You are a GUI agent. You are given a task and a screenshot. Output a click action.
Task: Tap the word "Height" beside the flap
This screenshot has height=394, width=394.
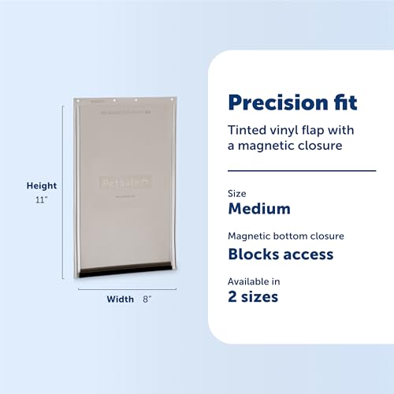click(x=41, y=186)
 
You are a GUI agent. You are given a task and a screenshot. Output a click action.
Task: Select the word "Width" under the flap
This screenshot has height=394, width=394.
click(x=121, y=299)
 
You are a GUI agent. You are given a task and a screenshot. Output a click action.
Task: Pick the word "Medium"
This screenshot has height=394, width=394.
click(x=258, y=209)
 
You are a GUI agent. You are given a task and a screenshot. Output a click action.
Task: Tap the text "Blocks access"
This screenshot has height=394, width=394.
click(x=280, y=254)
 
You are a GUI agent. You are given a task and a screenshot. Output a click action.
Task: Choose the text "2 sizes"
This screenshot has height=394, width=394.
click(x=253, y=297)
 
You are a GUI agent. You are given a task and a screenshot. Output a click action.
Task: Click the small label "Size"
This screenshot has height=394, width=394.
click(x=236, y=193)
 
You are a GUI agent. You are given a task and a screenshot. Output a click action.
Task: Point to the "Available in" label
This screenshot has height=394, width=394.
click(x=255, y=281)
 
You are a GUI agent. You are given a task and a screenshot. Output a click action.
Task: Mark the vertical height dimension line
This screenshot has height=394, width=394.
click(x=63, y=193)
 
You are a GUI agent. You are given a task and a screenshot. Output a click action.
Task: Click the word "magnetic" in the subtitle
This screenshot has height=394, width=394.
click(x=264, y=146)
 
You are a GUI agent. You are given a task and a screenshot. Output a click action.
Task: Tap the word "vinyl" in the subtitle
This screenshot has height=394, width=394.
click(x=277, y=129)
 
